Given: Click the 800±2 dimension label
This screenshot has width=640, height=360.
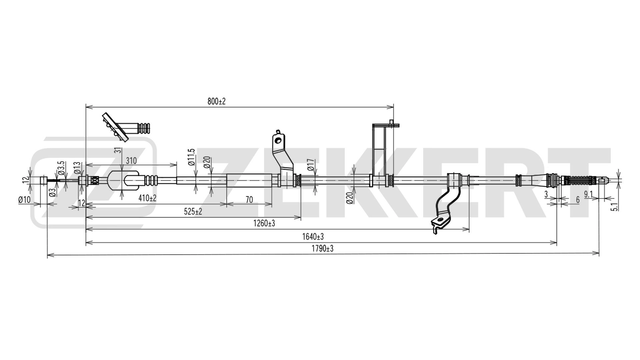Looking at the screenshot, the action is click(217, 102).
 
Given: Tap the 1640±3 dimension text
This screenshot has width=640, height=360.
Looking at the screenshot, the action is click(313, 237).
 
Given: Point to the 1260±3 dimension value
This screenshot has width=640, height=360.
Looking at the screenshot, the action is click(264, 224).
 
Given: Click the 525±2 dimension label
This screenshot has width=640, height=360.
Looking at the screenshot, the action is click(193, 212).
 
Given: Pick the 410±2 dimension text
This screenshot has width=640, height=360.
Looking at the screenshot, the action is click(147, 198).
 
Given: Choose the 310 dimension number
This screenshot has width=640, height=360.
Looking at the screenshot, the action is click(131, 161).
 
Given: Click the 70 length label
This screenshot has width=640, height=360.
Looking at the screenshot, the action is click(249, 200).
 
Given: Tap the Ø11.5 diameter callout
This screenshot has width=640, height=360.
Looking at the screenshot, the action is click(191, 157).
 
